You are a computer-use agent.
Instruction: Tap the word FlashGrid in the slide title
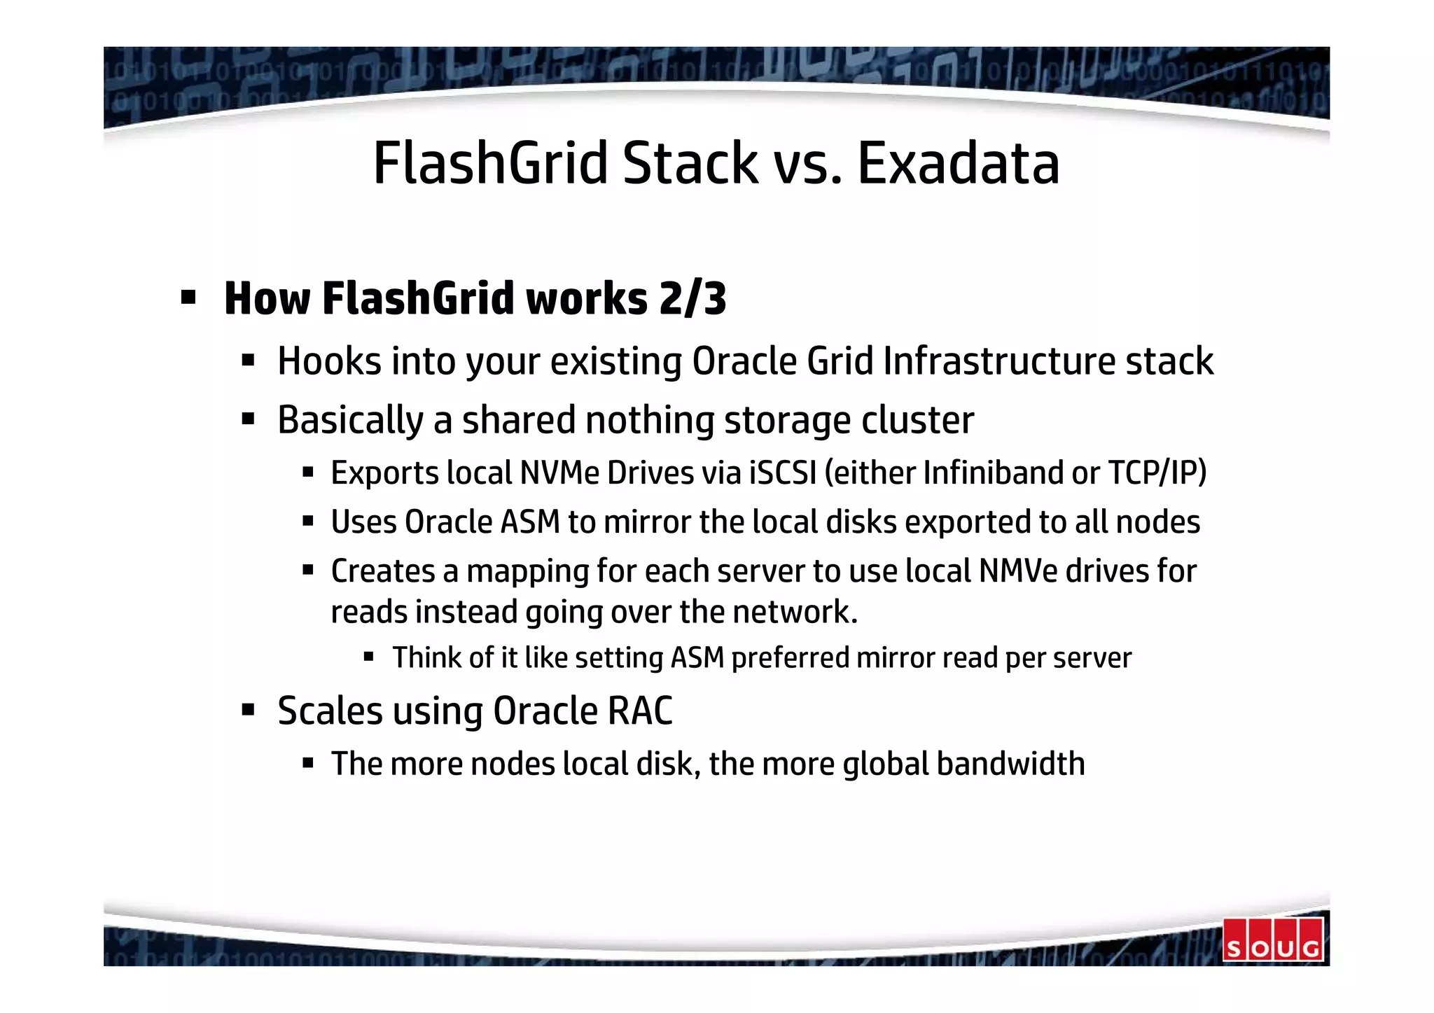click(x=490, y=164)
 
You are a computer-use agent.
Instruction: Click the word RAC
click(x=639, y=712)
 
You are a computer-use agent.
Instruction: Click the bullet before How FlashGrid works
click(x=188, y=299)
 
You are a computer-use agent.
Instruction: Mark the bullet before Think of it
click(x=368, y=657)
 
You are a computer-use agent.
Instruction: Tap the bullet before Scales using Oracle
click(x=248, y=711)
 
